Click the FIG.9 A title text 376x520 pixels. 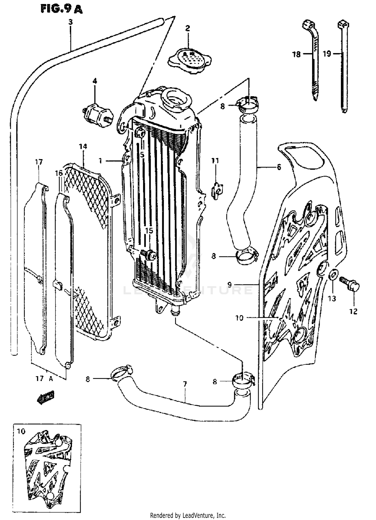[61, 9]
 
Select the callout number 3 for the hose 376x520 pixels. [70, 22]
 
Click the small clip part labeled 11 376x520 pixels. [217, 191]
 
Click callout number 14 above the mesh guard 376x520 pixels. [83, 146]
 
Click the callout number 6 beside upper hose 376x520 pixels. [279, 167]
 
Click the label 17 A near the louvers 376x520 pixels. [44, 378]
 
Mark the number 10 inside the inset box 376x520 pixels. [22, 431]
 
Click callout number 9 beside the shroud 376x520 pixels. [229, 284]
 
